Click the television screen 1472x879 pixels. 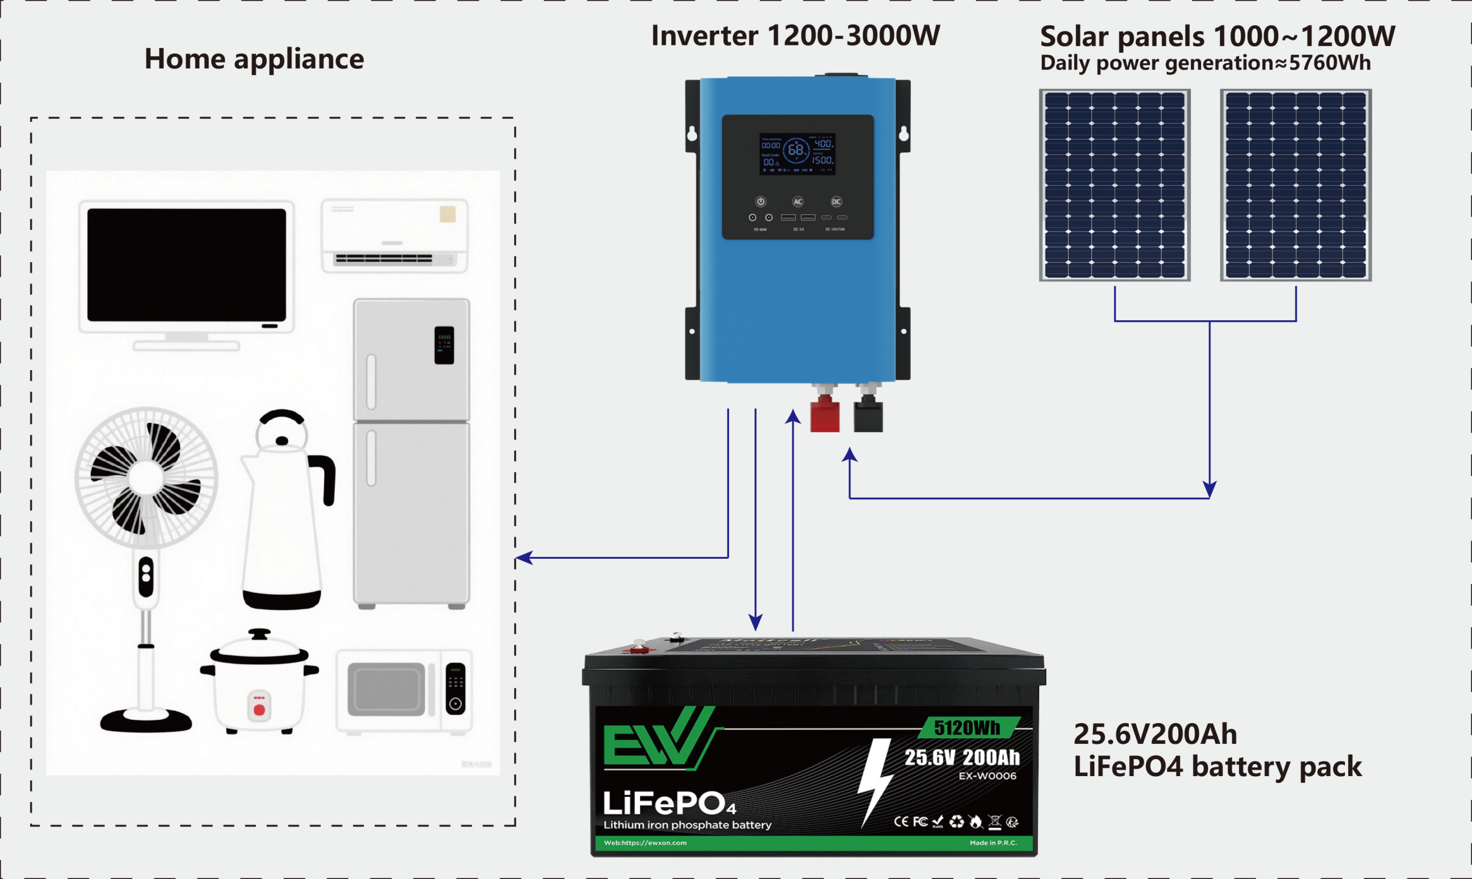click(187, 264)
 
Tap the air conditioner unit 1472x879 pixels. click(394, 236)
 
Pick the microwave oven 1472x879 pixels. click(404, 690)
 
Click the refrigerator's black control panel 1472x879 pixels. click(444, 345)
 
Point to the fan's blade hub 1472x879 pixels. click(145, 477)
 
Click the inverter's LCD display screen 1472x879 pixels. click(798, 153)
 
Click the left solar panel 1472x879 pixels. click(1115, 185)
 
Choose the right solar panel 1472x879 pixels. click(1295, 185)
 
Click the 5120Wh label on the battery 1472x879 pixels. click(967, 727)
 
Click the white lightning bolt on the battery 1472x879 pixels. click(876, 779)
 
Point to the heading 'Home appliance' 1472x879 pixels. click(254, 59)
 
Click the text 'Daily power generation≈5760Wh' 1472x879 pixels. click(1205, 63)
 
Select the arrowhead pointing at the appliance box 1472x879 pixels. click(523, 558)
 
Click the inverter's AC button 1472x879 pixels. click(798, 201)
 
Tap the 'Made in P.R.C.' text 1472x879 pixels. click(993, 842)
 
